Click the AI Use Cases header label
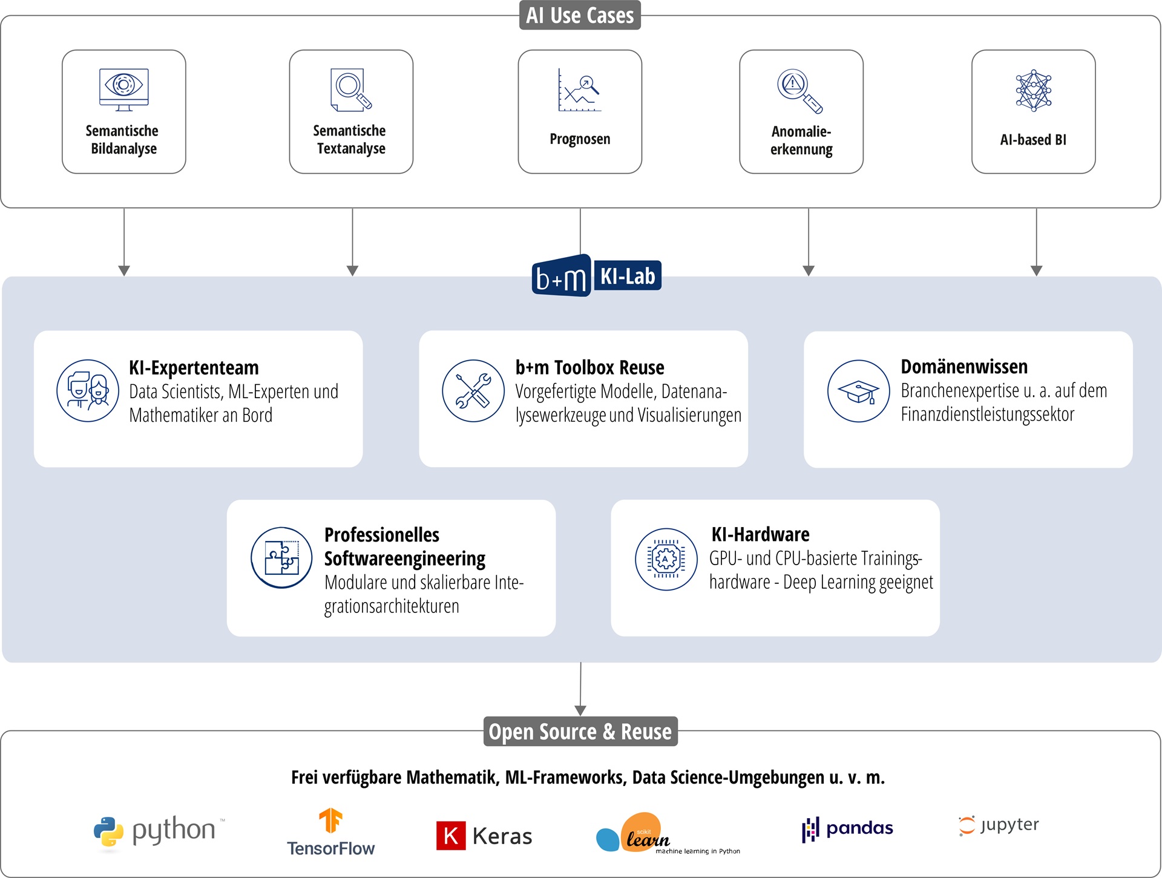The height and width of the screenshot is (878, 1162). (580, 15)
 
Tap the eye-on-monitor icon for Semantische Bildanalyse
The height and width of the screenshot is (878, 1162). (124, 90)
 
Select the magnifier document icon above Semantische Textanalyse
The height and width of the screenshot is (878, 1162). (351, 90)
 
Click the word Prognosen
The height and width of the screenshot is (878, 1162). (580, 139)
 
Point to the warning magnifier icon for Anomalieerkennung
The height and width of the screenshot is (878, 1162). (800, 91)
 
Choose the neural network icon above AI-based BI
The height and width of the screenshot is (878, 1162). (1034, 90)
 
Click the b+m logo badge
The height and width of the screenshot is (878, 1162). (562, 276)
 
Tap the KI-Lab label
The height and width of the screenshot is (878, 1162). (628, 276)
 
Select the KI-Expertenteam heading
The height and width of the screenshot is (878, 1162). (194, 367)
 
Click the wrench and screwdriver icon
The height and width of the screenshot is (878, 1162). (473, 390)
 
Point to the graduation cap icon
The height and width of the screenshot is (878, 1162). (859, 391)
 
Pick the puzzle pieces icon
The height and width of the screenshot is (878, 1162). (281, 557)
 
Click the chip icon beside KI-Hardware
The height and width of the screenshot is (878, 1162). (666, 559)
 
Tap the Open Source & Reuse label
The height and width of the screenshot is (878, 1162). (580, 732)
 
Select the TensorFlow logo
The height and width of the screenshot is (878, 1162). (330, 832)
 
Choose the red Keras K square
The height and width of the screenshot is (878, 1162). (451, 836)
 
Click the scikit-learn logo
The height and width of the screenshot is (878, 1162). (668, 833)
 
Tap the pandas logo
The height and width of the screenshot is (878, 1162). (847, 828)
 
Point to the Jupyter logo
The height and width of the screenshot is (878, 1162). (999, 825)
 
